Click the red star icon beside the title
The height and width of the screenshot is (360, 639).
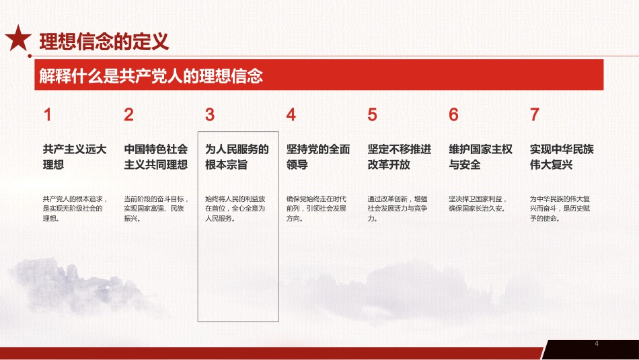click(17, 40)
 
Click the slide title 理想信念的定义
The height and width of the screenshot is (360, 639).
click(104, 42)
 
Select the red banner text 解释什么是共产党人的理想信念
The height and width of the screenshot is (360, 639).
click(149, 76)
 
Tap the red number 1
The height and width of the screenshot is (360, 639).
click(47, 115)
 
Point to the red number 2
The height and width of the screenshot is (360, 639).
click(128, 115)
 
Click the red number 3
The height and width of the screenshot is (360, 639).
click(210, 115)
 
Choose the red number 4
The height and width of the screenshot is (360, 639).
click(291, 115)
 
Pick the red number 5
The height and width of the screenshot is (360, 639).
click(373, 115)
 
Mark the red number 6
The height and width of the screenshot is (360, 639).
click(453, 115)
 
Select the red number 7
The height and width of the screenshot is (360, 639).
click(534, 115)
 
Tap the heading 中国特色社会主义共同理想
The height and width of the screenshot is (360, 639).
click(156, 157)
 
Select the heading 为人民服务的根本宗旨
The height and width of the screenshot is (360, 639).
click(237, 157)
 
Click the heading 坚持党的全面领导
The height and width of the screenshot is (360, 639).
click(318, 157)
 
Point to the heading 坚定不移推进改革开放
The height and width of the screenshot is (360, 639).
click(400, 157)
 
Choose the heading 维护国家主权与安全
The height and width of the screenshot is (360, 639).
click(481, 157)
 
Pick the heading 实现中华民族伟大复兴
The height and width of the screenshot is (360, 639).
click(562, 157)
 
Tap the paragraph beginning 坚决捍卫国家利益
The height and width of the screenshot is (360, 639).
click(479, 203)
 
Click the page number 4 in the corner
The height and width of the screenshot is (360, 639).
click(597, 345)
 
